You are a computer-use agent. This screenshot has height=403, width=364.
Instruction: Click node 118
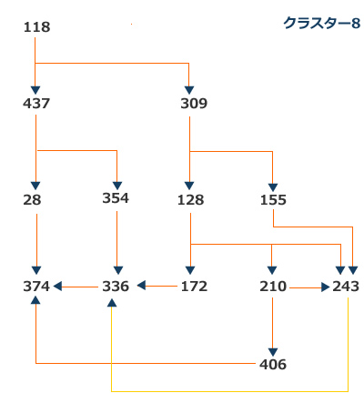point(36,27)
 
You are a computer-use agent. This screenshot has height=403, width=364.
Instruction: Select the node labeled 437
point(36,104)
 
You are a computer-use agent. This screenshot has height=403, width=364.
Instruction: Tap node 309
point(194,104)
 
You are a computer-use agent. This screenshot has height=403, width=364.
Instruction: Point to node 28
point(32,200)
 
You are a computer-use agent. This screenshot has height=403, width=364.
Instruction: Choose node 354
point(116,198)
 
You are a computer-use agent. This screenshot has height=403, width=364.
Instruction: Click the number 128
point(190,200)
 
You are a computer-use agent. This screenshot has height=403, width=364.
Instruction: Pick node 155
point(273,200)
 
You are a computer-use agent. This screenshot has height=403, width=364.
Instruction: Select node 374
point(36,287)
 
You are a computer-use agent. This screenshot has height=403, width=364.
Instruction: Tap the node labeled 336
point(116,287)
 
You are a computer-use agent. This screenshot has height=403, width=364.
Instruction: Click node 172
point(194,287)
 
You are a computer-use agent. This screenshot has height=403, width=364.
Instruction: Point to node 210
point(273,287)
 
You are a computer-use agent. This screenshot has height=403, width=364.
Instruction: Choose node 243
point(346,287)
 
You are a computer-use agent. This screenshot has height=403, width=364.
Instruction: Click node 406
point(273,364)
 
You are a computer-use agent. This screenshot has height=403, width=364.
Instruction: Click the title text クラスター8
point(321,23)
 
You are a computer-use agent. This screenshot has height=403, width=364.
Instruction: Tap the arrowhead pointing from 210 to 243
point(326,287)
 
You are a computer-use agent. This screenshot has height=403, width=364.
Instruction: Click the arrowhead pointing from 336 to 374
point(57,286)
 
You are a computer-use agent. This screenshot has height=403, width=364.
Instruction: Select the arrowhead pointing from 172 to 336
point(141,286)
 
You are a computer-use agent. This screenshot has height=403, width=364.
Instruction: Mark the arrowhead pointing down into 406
point(273,352)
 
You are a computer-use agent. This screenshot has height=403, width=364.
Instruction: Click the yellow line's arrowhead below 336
point(112,303)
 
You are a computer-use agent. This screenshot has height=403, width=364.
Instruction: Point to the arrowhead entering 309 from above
point(189,90)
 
